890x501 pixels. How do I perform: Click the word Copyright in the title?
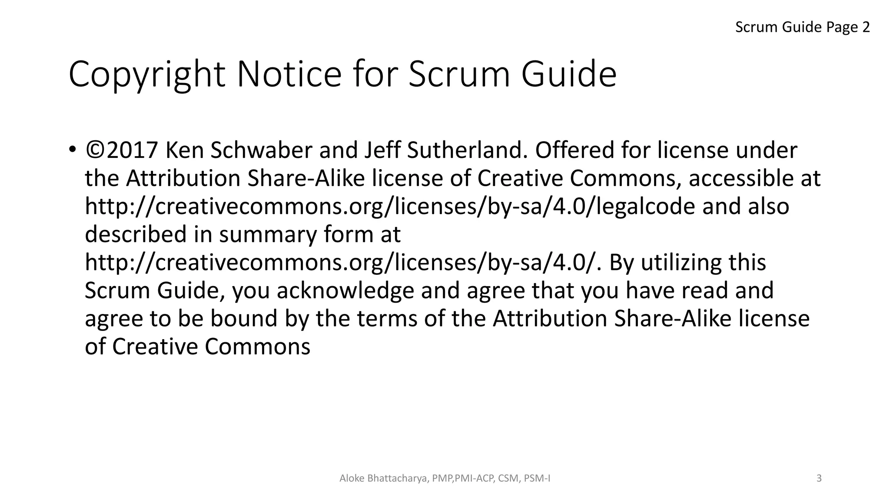147,75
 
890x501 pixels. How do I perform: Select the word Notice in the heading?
289,74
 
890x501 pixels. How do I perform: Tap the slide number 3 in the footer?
819,478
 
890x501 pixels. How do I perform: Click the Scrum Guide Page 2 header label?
802,27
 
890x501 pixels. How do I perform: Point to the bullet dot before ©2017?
72,150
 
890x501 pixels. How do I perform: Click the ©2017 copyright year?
122,150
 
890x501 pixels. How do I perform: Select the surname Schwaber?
262,150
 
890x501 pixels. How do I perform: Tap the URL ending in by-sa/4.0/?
341,263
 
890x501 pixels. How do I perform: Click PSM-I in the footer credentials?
537,478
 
